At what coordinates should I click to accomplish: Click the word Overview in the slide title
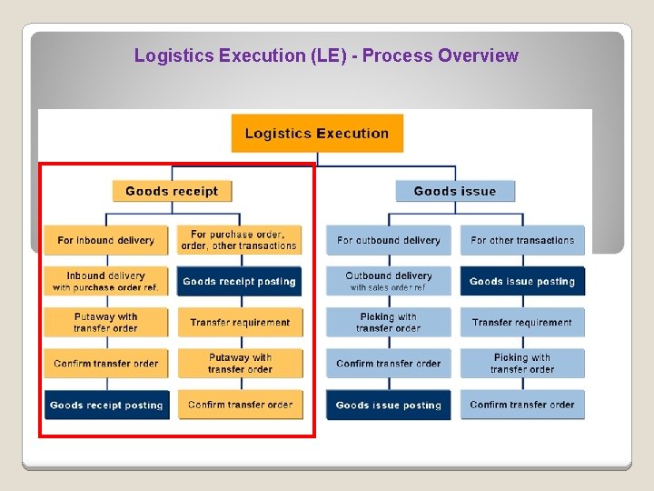(x=478, y=55)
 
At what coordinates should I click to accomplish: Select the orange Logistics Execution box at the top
(x=317, y=134)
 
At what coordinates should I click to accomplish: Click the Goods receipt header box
(x=172, y=191)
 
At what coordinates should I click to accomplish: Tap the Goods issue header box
(x=455, y=191)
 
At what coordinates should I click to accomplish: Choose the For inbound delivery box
(x=106, y=240)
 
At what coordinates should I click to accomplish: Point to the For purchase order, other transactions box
(x=240, y=240)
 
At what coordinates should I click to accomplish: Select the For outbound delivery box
(x=389, y=240)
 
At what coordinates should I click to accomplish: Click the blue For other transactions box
(x=522, y=240)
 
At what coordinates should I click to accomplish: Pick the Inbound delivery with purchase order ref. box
(x=106, y=281)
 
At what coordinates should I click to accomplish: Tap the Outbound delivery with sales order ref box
(x=389, y=281)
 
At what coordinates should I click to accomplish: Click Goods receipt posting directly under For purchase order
(x=240, y=281)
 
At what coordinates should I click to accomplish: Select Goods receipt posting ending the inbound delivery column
(x=106, y=405)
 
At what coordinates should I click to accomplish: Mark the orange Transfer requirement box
(x=240, y=322)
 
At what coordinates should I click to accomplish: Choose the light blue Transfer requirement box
(x=522, y=322)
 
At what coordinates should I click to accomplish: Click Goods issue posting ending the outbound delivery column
(x=389, y=405)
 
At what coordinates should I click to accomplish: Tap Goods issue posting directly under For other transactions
(x=522, y=281)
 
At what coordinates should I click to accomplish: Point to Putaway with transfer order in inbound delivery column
(x=106, y=322)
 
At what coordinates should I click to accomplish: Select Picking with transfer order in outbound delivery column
(x=389, y=322)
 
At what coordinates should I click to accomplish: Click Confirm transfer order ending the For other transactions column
(x=522, y=405)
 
